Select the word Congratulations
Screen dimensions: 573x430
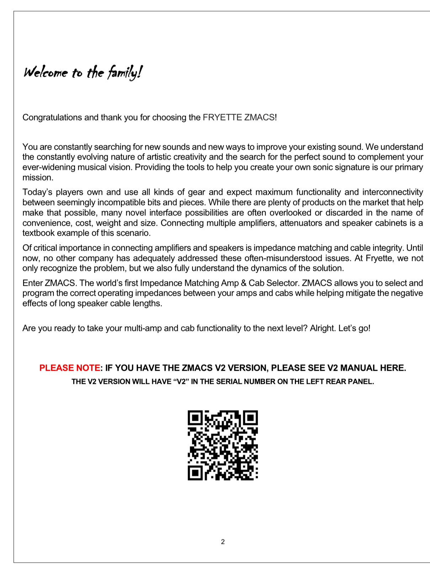[52, 118]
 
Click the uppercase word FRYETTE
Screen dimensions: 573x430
[222, 118]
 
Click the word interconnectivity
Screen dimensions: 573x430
[393, 192]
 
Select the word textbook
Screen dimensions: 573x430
[38, 234]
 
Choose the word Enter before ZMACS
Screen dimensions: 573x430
[32, 283]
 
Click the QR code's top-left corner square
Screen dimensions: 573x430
[195, 418]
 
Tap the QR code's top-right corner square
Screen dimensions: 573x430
[250, 418]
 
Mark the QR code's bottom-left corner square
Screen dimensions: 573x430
[195, 473]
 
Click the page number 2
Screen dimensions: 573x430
[223, 542]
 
